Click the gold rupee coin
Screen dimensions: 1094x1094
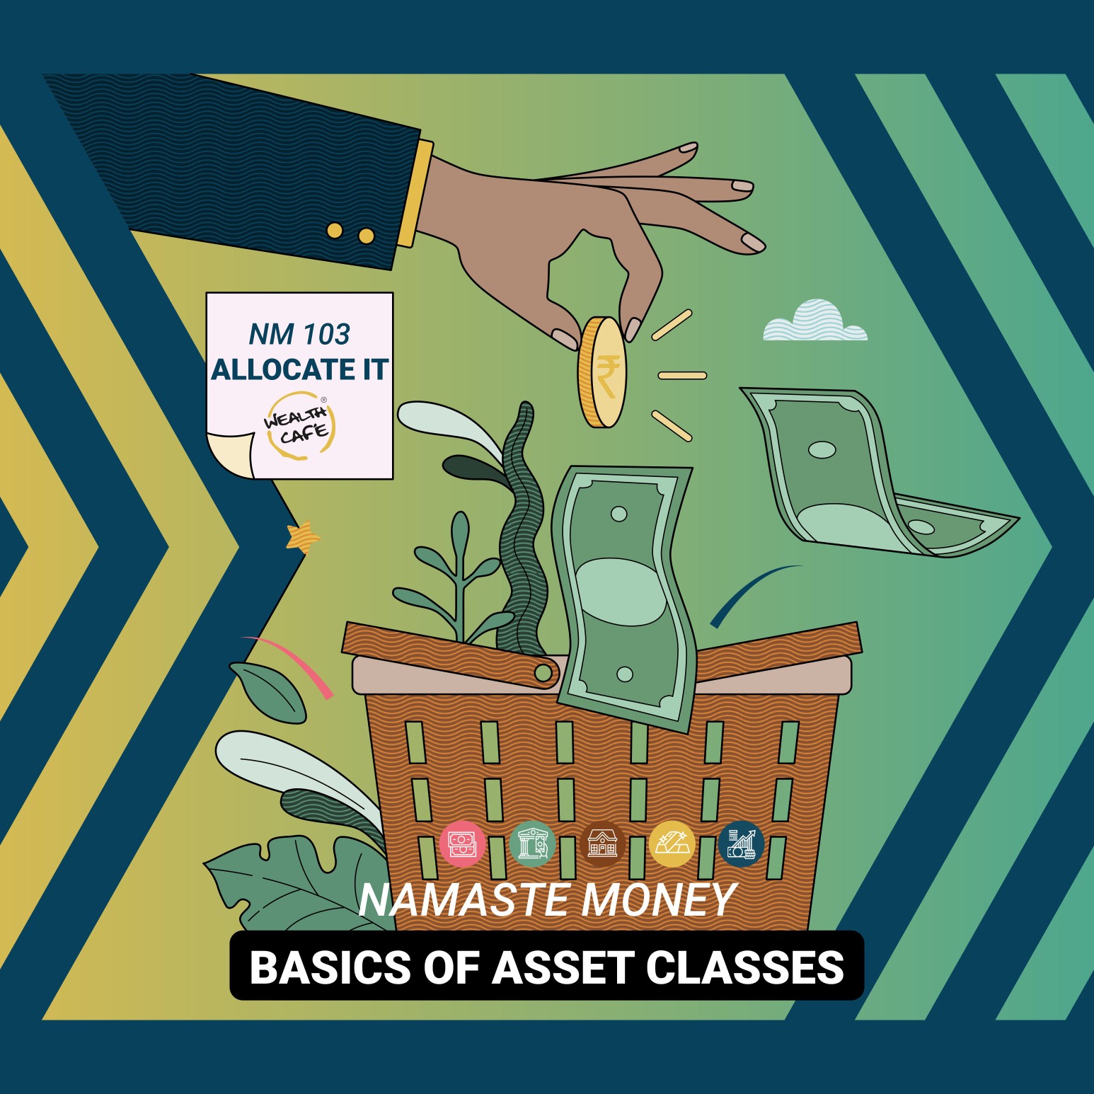pos(602,372)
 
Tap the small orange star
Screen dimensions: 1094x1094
pos(302,537)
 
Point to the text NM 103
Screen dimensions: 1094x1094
pos(299,334)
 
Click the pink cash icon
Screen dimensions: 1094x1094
pos(463,843)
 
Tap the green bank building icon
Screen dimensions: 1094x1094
pos(532,843)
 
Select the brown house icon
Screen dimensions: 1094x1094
pos(602,843)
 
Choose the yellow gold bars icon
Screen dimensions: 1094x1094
pos(672,843)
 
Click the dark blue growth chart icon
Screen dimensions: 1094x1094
pos(741,843)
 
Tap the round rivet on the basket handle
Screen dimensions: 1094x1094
pos(543,672)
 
